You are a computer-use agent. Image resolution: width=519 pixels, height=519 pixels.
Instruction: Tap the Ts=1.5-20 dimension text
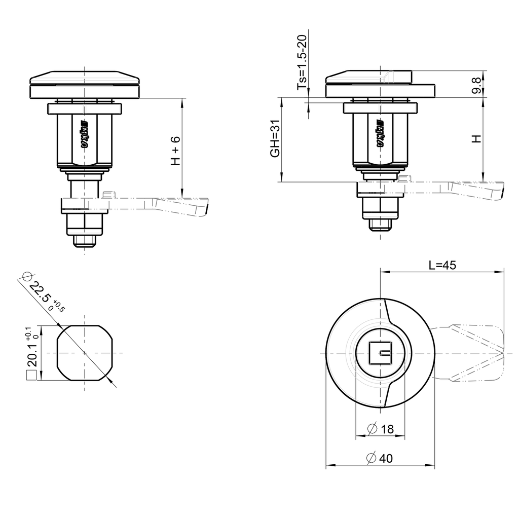(x=302, y=63)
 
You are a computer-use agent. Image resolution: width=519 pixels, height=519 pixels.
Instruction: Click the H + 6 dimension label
(x=175, y=151)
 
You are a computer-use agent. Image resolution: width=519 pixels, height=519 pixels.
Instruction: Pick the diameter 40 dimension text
(x=380, y=458)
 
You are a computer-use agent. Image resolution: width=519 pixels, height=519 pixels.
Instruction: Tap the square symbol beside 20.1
(x=31, y=376)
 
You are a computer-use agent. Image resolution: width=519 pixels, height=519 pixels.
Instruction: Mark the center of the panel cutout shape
(x=85, y=352)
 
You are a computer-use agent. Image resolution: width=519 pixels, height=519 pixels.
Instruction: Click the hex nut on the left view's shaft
(x=85, y=224)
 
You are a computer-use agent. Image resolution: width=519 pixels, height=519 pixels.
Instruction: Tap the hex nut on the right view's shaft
(x=381, y=205)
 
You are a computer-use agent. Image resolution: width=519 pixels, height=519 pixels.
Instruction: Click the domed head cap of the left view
(x=85, y=79)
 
